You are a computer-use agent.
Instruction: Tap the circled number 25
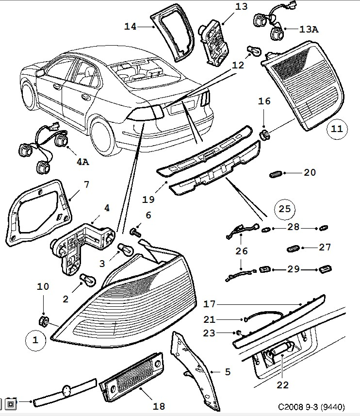285,209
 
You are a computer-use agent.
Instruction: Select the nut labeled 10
43,320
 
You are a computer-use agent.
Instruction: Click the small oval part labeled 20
277,173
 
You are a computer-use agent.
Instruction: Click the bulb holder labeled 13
216,43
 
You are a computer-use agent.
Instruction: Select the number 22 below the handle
282,385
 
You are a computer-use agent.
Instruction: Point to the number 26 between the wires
241,251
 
